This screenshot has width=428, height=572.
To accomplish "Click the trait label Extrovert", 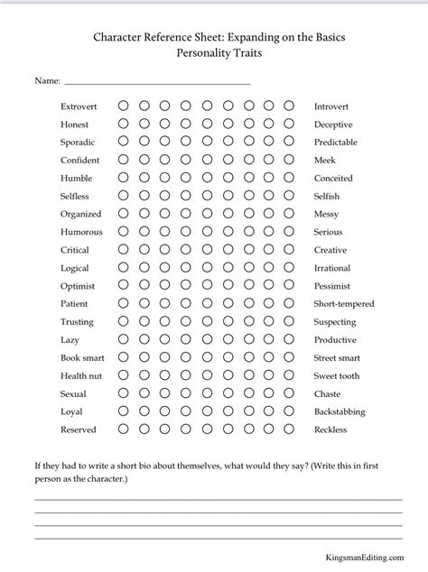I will tap(79, 106).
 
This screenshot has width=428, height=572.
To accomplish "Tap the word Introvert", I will tap(333, 106).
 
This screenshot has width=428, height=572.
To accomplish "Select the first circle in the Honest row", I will tap(123, 124).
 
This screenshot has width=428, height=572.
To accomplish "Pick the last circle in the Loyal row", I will tap(289, 411).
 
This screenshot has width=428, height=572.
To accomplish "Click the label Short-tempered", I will tap(344, 304).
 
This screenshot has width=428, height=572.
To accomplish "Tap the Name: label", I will tap(47, 81).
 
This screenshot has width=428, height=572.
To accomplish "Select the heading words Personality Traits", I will tap(213, 54).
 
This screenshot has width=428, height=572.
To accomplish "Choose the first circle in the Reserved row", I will tap(123, 429).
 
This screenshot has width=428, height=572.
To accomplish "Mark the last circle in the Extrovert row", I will tap(289, 106).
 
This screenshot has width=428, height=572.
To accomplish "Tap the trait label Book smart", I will tap(83, 358).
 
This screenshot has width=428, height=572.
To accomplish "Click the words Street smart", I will tap(337, 358).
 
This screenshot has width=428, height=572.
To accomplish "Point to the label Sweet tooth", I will tap(337, 376).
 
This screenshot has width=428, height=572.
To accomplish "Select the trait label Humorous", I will tap(81, 232).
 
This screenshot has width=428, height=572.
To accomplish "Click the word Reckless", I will tap(330, 429).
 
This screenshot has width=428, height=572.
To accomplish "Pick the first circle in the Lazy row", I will tap(123, 340).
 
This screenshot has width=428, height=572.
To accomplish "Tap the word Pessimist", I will tap(333, 286).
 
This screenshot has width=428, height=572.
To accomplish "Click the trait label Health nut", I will tap(81, 376).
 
